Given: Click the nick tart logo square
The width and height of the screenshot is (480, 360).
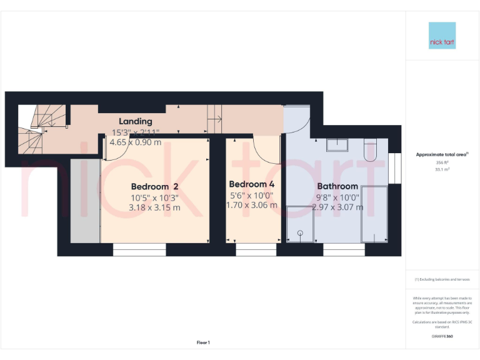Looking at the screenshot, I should pos(442,36).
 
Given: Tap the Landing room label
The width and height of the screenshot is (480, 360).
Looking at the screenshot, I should pos(136,121).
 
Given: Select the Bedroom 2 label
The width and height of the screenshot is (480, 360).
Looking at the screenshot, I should pos(154,186).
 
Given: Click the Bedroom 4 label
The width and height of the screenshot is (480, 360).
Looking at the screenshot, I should pos(251,184).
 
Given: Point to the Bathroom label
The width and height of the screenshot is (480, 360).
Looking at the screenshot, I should pos(337,186).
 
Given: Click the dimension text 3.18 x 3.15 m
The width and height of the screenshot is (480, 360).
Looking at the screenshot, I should pos(154,207).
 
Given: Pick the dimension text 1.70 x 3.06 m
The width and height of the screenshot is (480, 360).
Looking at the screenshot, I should pos(251,205).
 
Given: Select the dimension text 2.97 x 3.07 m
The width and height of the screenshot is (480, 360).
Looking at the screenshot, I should pos(337,207).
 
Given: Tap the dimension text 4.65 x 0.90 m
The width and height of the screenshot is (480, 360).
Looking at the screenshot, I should pos(136,142).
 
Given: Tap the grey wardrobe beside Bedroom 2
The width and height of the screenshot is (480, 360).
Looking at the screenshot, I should pos(85,200).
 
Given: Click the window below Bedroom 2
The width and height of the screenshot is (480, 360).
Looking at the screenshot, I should pos(139,250).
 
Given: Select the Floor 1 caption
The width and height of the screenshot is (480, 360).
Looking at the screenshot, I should pos(203,342).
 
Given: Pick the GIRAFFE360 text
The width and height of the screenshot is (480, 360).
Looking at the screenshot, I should pos(442,336).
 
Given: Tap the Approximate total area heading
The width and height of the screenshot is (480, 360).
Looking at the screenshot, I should pos(442,154).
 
